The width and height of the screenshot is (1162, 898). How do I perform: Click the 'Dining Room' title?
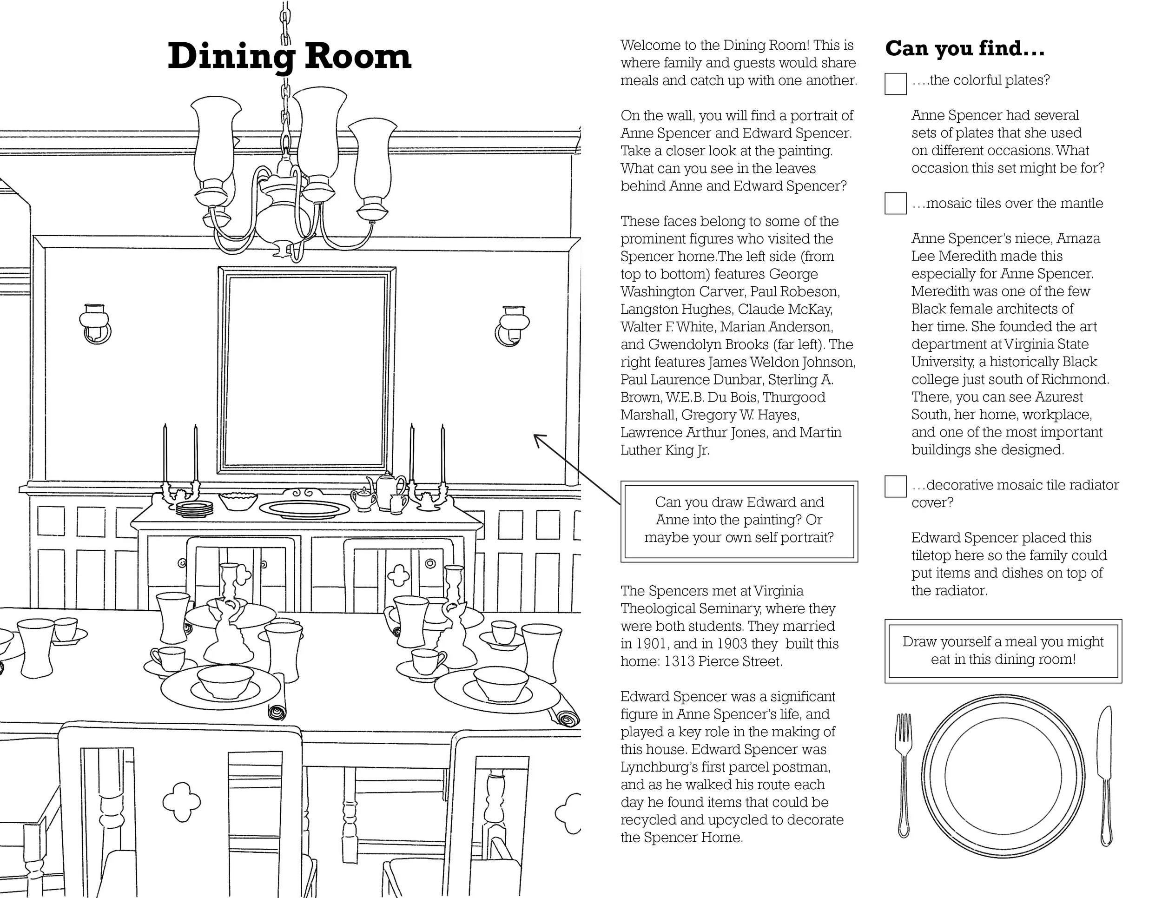290,56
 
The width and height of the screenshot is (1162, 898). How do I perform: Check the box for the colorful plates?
896,84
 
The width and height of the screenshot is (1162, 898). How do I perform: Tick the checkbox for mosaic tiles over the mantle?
896,203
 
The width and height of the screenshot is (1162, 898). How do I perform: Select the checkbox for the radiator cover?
896,486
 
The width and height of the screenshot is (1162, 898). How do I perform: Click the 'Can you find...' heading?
964,49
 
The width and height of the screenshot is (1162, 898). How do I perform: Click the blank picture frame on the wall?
306,370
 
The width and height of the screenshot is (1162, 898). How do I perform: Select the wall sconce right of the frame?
512,324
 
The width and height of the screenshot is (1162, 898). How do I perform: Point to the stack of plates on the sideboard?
194,508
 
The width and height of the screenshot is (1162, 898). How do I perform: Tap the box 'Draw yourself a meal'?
1003,651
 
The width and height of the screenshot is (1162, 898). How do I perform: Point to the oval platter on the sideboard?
304,509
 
